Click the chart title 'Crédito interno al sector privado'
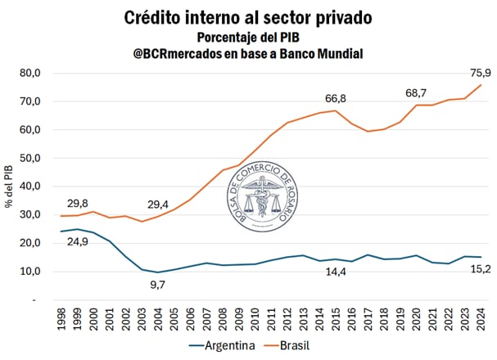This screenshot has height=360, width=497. [247, 17]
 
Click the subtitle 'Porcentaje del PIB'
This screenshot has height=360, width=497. [247, 37]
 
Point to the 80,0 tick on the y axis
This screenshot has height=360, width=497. [29, 73]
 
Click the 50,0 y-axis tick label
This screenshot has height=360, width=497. [29, 158]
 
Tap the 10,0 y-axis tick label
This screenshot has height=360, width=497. [29, 271]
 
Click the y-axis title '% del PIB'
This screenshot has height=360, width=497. [9, 187]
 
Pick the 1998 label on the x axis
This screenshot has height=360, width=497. [62, 318]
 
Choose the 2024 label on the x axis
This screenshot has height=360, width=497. [480, 318]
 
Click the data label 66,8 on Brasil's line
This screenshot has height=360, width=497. [336, 99]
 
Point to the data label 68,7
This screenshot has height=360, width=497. [417, 94]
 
